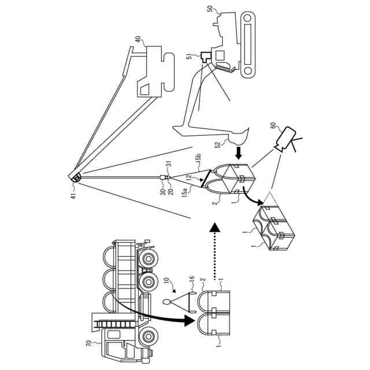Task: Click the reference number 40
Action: (138, 40)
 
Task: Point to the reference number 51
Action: (189, 56)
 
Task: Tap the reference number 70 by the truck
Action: (88, 343)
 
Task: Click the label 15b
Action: (197, 157)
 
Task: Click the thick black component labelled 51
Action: (203, 58)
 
